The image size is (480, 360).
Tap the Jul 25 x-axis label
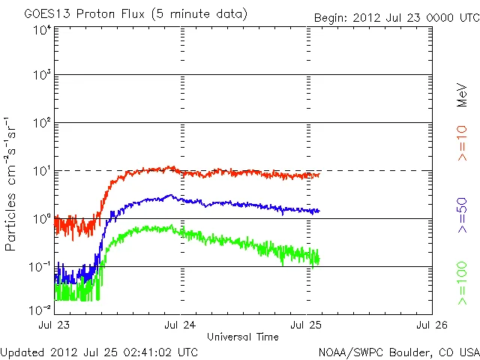pyautogui.click(x=306, y=325)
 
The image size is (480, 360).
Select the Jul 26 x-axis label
pyautogui.click(x=431, y=325)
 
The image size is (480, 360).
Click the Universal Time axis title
pyautogui.click(x=243, y=336)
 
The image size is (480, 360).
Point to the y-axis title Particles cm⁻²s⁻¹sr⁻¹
pyautogui.click(x=13, y=184)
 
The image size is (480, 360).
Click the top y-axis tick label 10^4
pyautogui.click(x=42, y=31)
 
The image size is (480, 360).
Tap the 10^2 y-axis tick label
pyautogui.click(x=42, y=122)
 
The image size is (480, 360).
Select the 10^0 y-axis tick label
pyautogui.click(x=42, y=218)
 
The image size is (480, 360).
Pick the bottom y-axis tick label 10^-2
pyautogui.click(x=40, y=310)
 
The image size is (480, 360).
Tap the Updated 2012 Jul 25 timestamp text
pyautogui.click(x=100, y=351)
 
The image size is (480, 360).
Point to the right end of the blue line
pyautogui.click(x=319, y=211)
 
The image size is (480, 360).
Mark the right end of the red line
pyautogui.click(x=319, y=175)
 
